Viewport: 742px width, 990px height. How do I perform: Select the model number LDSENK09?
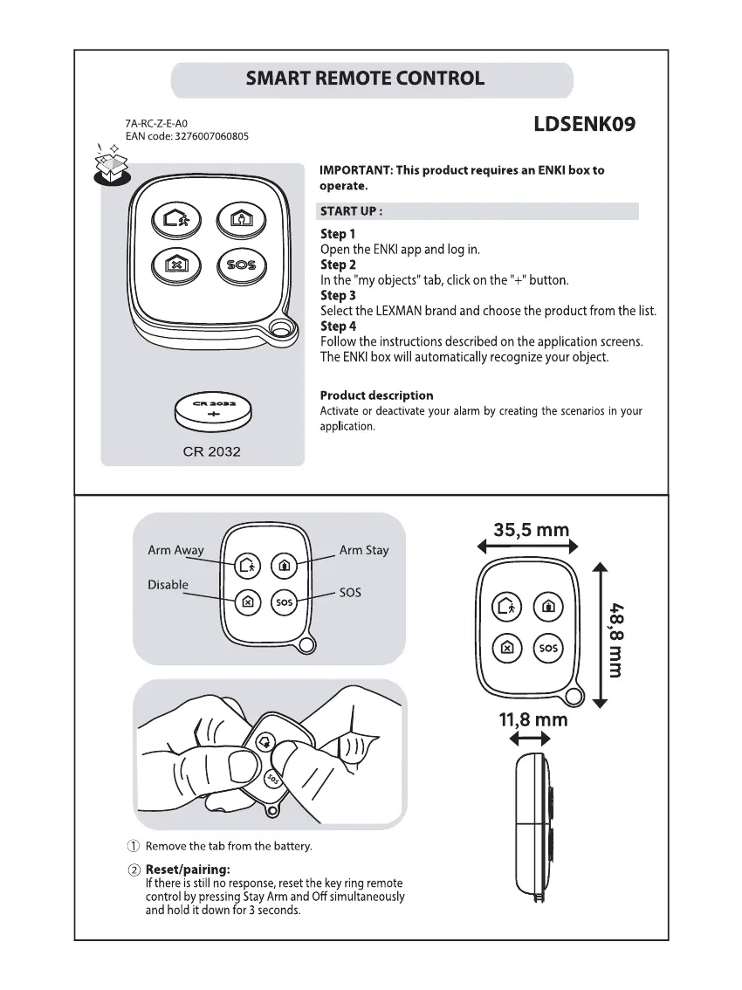tap(584, 124)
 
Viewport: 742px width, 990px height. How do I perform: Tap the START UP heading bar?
tap(479, 211)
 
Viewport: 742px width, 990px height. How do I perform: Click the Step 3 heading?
tap(338, 295)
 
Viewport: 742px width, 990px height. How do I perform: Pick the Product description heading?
tap(376, 395)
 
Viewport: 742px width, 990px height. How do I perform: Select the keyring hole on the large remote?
tap(280, 329)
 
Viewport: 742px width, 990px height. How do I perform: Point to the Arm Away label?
tap(175, 550)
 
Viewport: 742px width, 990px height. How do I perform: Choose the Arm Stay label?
tap(364, 550)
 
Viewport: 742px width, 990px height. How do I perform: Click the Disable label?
tap(168, 585)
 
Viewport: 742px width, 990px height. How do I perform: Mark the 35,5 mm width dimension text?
tap(531, 529)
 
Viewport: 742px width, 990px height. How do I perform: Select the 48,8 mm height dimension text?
tap(616, 638)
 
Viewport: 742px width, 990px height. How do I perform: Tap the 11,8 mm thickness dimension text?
tap(532, 719)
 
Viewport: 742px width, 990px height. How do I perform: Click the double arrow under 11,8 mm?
tap(529, 739)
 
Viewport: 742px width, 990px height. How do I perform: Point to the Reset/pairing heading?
tap(188, 870)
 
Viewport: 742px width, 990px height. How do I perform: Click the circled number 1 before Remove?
tap(134, 846)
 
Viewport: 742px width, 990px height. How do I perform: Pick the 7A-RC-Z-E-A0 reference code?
tap(156, 124)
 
